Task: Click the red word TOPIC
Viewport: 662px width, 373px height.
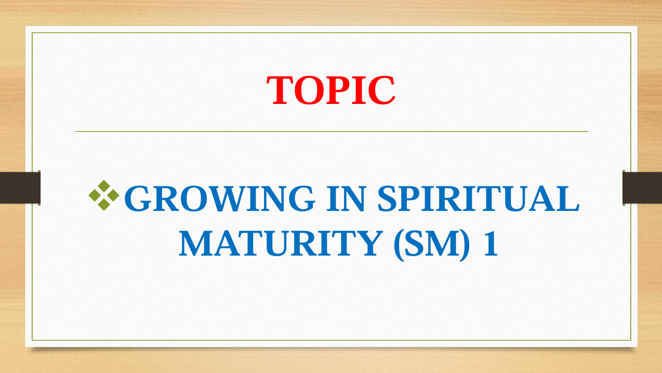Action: point(330,90)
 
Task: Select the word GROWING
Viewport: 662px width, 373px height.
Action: point(220,198)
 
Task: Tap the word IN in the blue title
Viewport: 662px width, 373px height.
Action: point(347,198)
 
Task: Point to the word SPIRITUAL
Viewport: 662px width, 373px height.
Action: point(479,198)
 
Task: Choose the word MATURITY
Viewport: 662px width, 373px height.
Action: point(281,243)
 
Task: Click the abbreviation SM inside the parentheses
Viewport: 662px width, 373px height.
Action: point(432,243)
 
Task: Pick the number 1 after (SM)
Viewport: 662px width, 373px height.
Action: point(491,243)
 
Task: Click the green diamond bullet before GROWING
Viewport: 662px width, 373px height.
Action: point(104,195)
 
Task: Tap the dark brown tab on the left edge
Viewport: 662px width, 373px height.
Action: point(20,188)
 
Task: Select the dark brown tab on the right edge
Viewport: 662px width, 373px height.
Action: point(642,188)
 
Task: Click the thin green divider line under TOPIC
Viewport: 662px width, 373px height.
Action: point(332,131)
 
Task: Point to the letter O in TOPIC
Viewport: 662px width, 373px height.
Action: point(309,90)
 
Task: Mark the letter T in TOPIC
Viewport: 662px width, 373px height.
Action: point(280,90)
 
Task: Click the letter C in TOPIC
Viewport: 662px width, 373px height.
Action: point(382,90)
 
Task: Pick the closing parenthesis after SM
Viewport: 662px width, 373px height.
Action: point(465,245)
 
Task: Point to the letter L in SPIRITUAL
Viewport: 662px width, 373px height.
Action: point(568,198)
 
